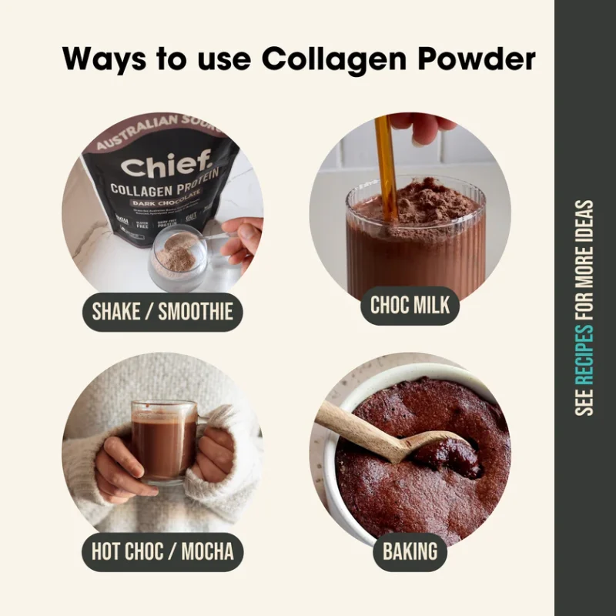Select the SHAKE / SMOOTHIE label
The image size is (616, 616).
[x=162, y=312]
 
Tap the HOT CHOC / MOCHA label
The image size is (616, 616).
[x=162, y=551]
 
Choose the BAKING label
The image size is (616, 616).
[x=410, y=551]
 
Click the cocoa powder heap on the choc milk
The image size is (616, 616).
[x=420, y=202]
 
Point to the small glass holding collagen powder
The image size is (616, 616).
[x=178, y=258]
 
